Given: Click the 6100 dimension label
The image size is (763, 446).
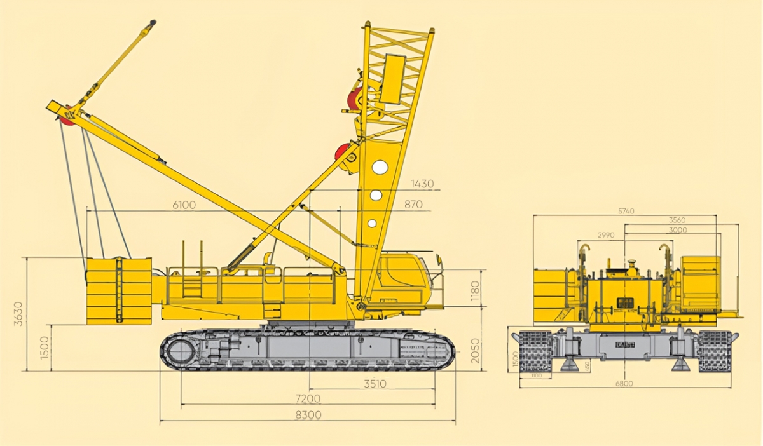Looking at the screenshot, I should pos(184,205).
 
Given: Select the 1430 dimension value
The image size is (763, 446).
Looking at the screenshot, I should pos(422,184).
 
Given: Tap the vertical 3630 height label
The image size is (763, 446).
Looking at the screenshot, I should pos(18,314).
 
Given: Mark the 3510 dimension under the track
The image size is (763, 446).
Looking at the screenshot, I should pos(375,384).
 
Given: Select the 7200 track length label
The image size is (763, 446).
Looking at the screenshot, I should pos(307,399).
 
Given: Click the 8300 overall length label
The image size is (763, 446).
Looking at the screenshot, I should pos(307,415).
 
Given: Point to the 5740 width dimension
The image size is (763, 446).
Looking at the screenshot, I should pos(626,211).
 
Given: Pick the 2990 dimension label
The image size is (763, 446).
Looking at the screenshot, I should pos(606,235).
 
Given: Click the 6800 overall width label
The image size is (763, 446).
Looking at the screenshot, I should pos(626,383).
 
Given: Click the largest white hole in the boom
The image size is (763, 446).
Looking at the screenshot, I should pos(380,167).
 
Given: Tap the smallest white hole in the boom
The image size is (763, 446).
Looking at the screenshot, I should pos(372,223).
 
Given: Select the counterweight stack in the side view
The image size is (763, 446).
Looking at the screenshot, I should pos(119,290).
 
